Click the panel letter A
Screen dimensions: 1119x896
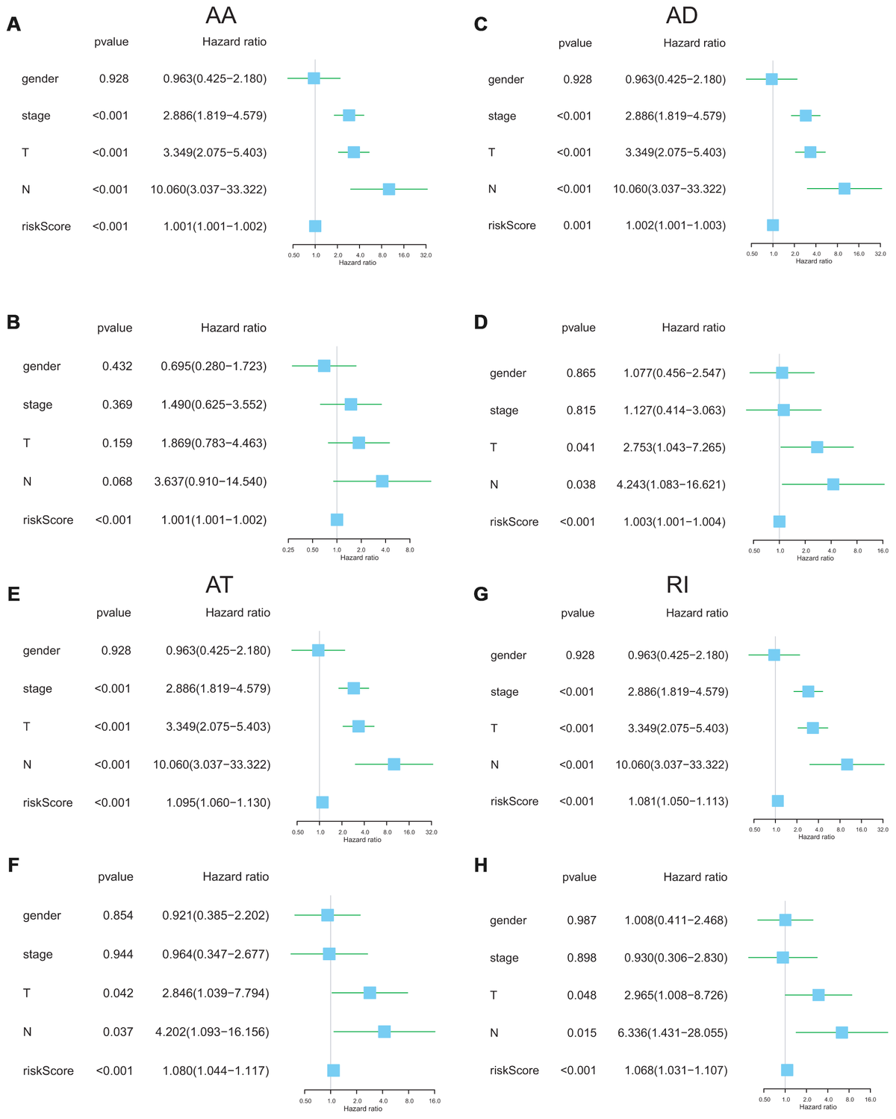point(13,24)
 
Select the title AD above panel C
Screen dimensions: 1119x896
point(681,16)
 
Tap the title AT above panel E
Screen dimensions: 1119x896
point(220,585)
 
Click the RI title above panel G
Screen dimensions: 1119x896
point(677,585)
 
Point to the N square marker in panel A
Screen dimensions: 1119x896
point(389,189)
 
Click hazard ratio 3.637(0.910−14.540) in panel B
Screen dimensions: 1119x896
point(214,481)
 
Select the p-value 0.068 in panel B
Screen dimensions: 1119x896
point(117,481)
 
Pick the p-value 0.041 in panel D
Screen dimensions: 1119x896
point(581,447)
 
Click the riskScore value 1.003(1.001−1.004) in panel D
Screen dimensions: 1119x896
point(674,522)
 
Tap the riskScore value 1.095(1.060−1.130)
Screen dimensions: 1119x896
point(218,802)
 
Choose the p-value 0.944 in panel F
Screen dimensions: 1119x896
point(119,954)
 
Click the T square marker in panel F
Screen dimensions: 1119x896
point(370,993)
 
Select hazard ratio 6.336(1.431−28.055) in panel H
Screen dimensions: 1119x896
point(676,1032)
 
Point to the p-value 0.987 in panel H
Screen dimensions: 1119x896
point(582,920)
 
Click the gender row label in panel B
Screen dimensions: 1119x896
point(41,367)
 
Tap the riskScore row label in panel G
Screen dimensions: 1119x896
point(514,801)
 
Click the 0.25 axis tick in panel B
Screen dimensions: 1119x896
point(288,549)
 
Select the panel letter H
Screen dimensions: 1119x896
point(481,886)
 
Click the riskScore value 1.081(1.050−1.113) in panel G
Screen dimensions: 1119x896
point(678,801)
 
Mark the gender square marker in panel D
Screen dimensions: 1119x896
point(782,373)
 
